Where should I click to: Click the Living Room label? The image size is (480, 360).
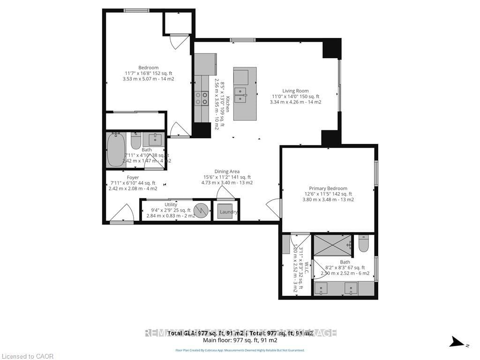pyautogui.click(x=295, y=91)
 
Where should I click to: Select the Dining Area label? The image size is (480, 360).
pyautogui.click(x=227, y=172)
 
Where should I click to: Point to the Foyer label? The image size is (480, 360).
pyautogui.click(x=133, y=178)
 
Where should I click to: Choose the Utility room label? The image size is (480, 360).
pyautogui.click(x=171, y=205)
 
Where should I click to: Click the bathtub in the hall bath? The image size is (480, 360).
pyautogui.click(x=115, y=150)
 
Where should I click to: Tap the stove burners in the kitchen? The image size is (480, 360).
pyautogui.click(x=202, y=98)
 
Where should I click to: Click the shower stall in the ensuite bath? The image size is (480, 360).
pyautogui.click(x=332, y=245)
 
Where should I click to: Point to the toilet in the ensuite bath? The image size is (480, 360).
pyautogui.click(x=364, y=244)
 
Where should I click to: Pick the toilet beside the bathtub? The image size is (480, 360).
pyautogui.click(x=136, y=141)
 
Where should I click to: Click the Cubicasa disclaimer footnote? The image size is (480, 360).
pyautogui.click(x=240, y=350)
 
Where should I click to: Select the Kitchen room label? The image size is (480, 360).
pyautogui.click(x=228, y=103)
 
